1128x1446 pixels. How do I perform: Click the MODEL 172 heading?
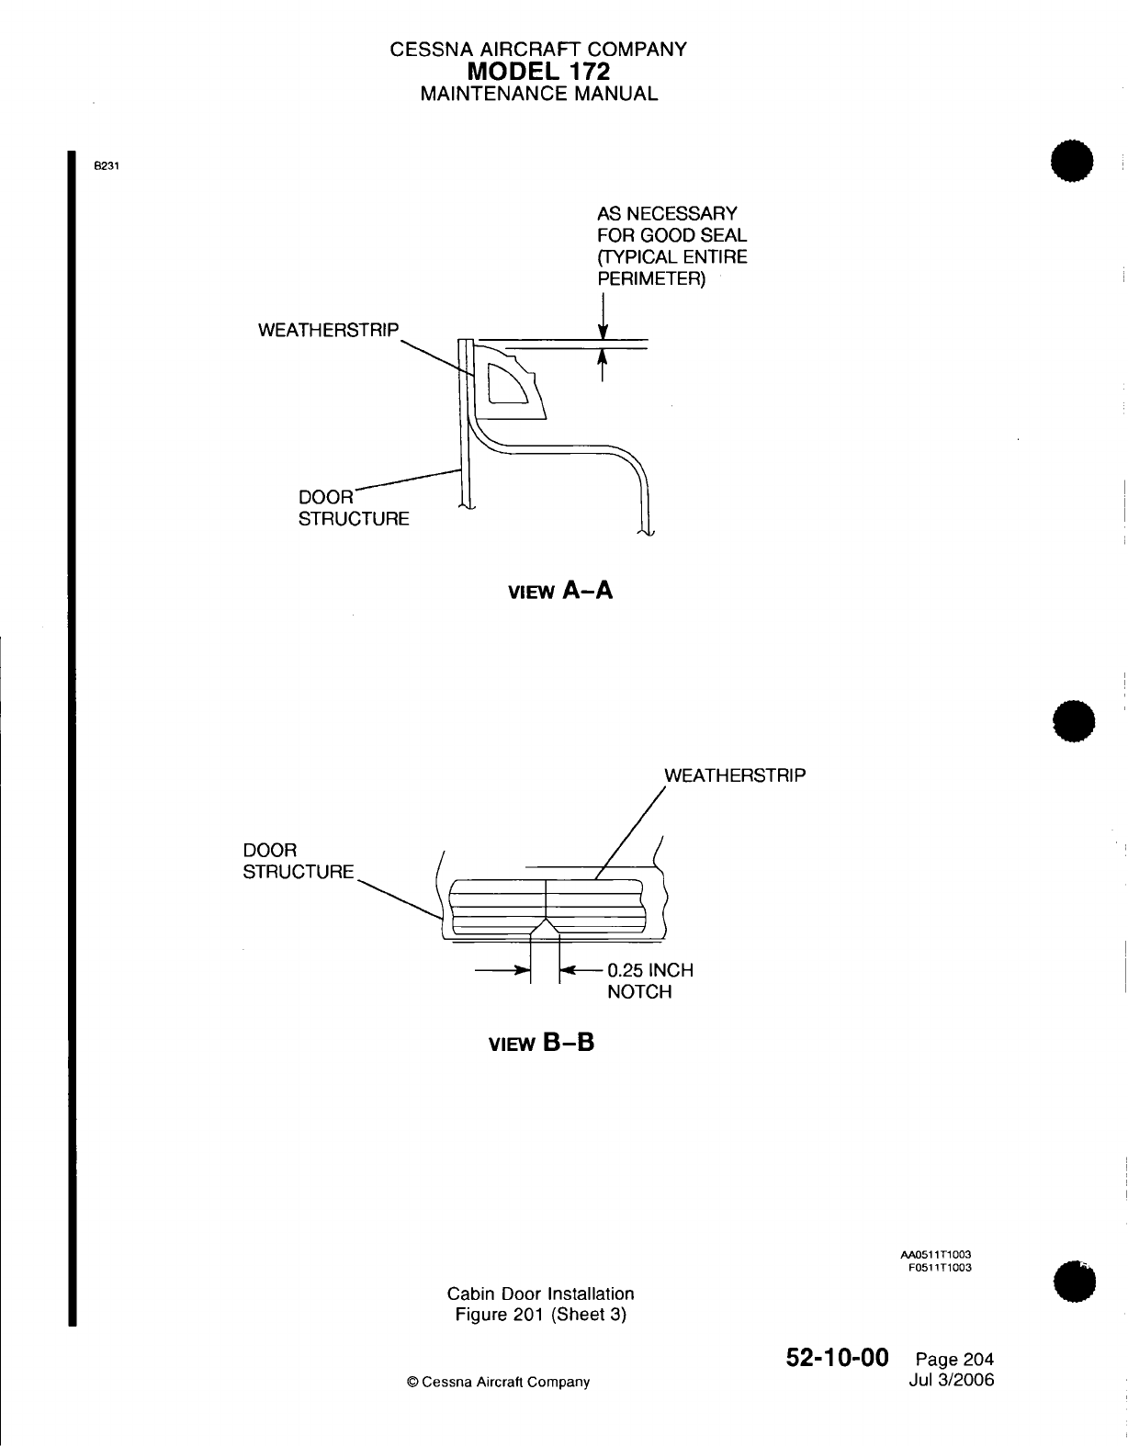(538, 72)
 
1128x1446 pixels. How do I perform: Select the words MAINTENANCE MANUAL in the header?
(538, 94)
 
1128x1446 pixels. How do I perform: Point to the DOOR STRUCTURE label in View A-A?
(354, 507)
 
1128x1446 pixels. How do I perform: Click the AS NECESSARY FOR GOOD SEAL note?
(671, 246)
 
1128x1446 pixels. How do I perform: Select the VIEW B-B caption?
(541, 1044)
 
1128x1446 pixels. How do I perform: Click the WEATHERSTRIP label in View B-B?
(734, 775)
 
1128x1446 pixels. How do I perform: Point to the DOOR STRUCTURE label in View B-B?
(298, 861)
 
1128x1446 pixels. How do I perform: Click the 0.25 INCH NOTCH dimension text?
(649, 981)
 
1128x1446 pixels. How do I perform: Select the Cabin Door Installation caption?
(540, 1293)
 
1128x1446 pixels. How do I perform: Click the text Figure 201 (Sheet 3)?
(540, 1315)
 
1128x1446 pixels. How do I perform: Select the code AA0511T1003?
(935, 1254)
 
